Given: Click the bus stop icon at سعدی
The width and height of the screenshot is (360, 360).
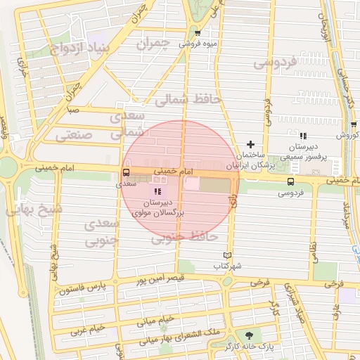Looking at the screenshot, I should (126, 172).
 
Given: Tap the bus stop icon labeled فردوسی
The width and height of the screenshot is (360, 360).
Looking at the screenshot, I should (290, 181).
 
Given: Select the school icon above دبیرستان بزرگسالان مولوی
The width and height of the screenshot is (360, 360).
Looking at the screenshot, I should (156, 191).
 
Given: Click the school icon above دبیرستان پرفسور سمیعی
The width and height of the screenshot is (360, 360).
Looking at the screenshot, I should (303, 136).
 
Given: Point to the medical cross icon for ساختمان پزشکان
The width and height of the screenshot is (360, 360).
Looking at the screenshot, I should (250, 144).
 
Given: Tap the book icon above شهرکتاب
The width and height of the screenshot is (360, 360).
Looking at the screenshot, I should (226, 255).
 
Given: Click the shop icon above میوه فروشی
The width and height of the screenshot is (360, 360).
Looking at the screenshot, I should (198, 33).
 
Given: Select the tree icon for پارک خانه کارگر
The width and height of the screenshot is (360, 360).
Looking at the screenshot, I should (247, 335).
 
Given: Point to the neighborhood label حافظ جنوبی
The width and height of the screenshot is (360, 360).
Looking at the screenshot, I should (182, 238).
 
